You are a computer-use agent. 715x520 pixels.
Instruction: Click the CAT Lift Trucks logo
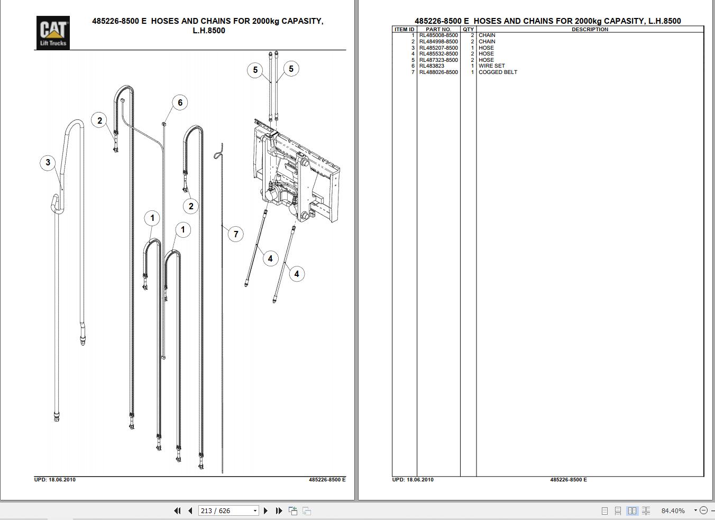53,32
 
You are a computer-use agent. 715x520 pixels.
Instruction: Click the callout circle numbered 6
180,103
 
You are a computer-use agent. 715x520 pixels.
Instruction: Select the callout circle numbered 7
236,234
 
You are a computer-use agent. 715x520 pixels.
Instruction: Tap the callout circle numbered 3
48,162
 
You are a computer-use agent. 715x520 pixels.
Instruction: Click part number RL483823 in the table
432,66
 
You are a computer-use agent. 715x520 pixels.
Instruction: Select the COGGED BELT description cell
498,72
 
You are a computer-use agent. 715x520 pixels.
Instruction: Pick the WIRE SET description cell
491,66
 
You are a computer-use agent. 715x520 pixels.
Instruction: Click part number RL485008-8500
438,35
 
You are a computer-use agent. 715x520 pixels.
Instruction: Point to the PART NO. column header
438,30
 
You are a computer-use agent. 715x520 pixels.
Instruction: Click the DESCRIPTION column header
590,30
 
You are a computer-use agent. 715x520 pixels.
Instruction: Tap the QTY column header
468,30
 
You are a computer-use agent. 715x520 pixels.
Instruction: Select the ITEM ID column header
405,30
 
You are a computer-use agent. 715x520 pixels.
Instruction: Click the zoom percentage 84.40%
673,510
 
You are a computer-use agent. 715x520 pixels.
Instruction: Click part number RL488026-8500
438,72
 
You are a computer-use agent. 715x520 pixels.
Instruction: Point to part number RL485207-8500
438,48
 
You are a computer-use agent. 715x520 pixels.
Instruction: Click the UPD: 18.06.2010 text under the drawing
55,480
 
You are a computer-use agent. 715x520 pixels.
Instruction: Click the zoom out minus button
703,510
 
